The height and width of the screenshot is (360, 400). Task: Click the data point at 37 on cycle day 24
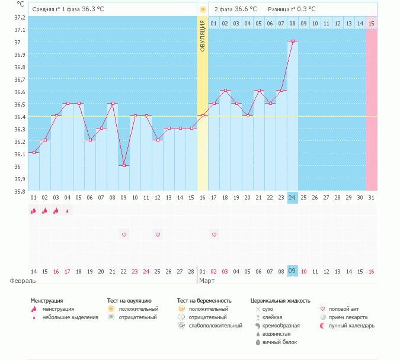293,41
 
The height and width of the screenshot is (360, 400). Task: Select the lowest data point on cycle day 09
124,166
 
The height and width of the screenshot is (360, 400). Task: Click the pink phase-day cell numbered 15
371,23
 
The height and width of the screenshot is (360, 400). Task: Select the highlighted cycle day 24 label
292,197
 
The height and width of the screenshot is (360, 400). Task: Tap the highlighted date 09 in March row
292,271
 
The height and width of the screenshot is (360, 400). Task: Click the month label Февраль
23,280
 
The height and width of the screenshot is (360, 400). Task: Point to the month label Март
207,280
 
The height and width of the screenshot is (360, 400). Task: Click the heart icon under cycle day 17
214,235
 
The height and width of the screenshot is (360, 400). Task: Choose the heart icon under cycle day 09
124,235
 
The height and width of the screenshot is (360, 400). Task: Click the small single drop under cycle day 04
67,210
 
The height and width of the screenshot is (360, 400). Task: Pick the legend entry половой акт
343,309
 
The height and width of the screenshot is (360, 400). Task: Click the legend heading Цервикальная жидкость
280,301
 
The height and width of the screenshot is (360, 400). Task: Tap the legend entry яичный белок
279,342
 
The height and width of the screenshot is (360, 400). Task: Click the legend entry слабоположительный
215,326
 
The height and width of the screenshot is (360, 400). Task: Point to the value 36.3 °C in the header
96,9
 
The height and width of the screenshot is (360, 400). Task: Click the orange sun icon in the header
203,9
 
